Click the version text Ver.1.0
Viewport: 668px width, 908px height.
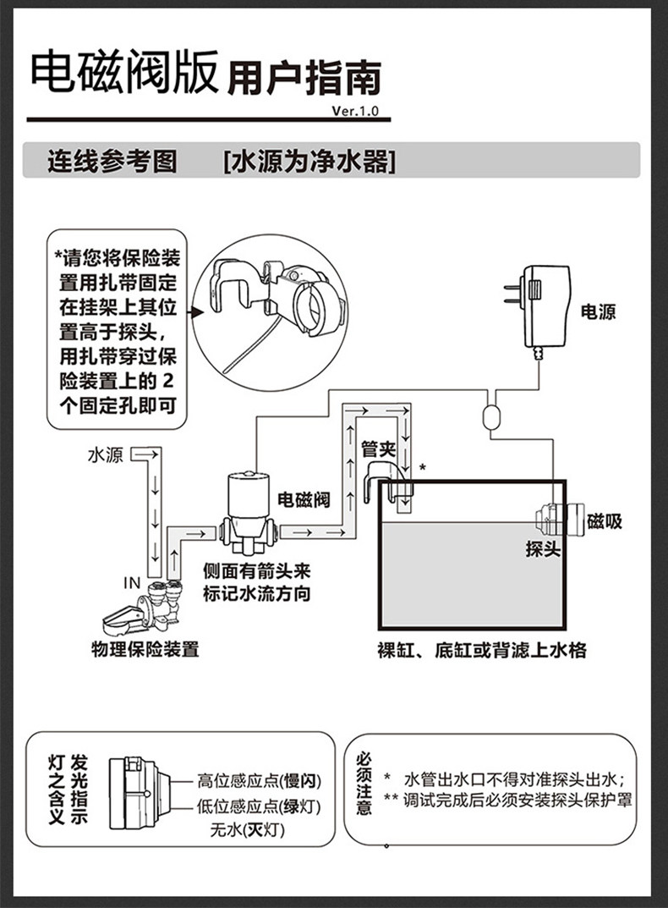(x=356, y=111)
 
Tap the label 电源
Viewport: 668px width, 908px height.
(x=598, y=312)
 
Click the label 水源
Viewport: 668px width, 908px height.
(x=105, y=456)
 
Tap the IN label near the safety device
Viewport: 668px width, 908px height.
(x=131, y=583)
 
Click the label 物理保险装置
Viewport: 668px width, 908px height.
(x=145, y=650)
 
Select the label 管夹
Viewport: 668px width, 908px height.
(x=378, y=448)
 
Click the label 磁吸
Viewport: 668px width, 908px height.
(x=604, y=521)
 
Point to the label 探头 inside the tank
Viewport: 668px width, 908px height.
(x=543, y=549)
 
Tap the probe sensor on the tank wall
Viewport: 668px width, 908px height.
(x=553, y=519)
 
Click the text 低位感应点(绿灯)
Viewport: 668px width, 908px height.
(x=259, y=806)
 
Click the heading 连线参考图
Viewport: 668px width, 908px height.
(x=112, y=161)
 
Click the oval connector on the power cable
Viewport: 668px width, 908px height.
(x=491, y=416)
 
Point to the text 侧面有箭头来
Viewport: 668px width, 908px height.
(x=257, y=572)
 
